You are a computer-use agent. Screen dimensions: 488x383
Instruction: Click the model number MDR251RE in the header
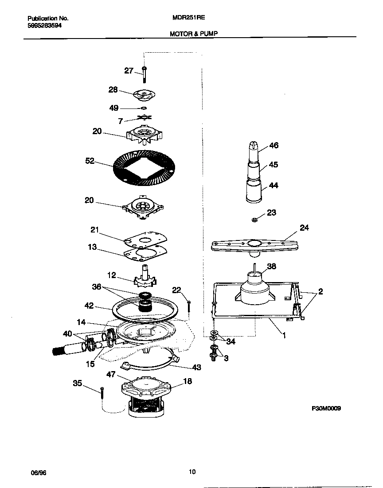tap(188, 19)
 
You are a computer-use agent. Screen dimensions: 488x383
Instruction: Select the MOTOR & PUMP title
tap(193, 33)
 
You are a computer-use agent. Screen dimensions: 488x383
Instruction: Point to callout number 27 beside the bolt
tap(129, 70)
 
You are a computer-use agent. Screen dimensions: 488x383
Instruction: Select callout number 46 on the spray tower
tap(274, 146)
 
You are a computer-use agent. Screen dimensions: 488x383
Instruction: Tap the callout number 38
tap(271, 267)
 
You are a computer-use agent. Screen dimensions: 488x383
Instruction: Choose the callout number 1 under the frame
tap(284, 336)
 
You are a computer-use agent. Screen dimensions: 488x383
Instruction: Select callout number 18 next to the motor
tap(188, 381)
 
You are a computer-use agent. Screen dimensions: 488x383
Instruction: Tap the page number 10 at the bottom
tap(191, 472)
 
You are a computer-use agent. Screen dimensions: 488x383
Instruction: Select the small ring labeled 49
tap(144, 108)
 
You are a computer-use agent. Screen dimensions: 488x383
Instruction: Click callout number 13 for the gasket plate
tap(92, 247)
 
